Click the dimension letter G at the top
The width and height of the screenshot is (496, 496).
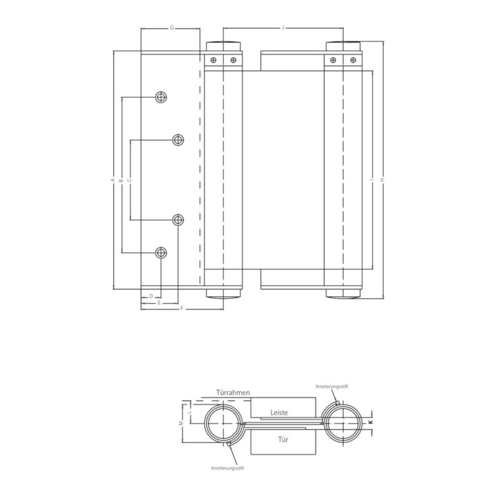point(171,28)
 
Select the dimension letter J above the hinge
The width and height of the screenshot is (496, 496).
point(283,28)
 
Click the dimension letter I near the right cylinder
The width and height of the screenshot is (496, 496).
point(371,180)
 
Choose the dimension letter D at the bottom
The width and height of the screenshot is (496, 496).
point(150,296)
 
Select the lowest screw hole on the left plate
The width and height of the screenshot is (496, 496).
point(161,252)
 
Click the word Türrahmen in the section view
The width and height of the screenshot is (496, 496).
point(232,392)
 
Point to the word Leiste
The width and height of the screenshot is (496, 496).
point(279,412)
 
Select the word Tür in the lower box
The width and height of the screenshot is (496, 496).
point(283,438)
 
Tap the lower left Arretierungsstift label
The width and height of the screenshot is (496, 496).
point(228,468)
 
